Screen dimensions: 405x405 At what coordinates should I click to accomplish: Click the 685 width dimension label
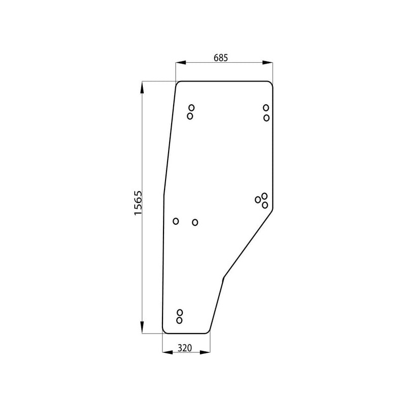(x=221, y=58)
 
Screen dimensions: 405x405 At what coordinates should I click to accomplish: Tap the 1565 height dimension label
(x=138, y=203)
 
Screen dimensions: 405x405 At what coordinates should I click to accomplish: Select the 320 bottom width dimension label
(x=185, y=348)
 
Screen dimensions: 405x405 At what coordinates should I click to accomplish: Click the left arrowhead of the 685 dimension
(x=181, y=62)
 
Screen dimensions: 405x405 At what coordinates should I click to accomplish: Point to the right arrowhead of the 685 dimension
(x=268, y=62)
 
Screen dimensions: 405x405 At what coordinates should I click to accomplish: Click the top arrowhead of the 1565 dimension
(x=142, y=87)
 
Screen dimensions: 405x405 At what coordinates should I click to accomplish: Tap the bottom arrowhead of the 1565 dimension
(x=142, y=328)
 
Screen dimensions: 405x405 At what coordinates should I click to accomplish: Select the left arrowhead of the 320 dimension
(x=168, y=352)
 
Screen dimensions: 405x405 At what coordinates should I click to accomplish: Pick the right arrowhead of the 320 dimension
(x=205, y=352)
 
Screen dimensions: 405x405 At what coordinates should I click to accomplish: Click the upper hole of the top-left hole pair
(x=191, y=107)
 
